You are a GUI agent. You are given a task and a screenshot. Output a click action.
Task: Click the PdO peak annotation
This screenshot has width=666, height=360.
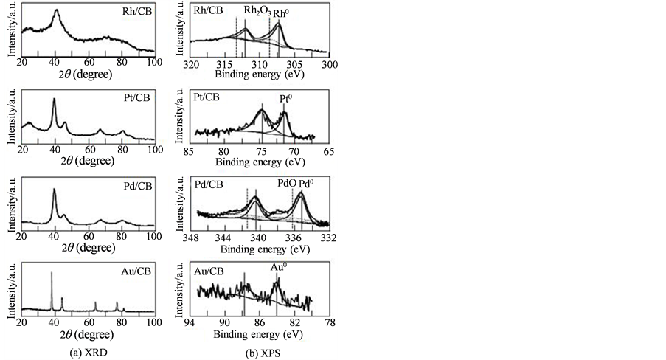pos(285,184)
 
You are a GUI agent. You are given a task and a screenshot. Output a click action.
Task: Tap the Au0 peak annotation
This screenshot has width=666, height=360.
pos(277,271)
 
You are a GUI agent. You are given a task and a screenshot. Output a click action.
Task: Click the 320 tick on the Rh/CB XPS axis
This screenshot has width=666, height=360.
pos(191,65)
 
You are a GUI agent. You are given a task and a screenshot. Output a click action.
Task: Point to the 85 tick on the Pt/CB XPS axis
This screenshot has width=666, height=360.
pos(190,151)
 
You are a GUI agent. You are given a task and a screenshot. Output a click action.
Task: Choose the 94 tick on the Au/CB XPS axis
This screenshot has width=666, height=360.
pos(190,323)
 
